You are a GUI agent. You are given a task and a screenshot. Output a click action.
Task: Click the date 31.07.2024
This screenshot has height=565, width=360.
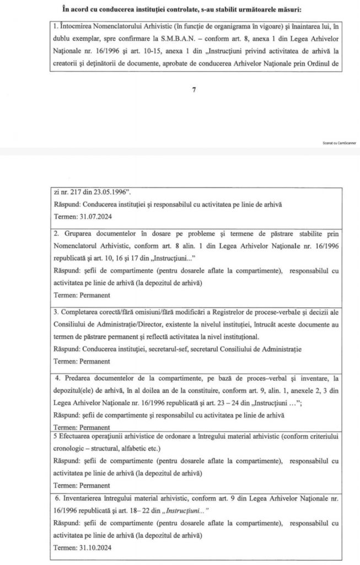tap(96, 217)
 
